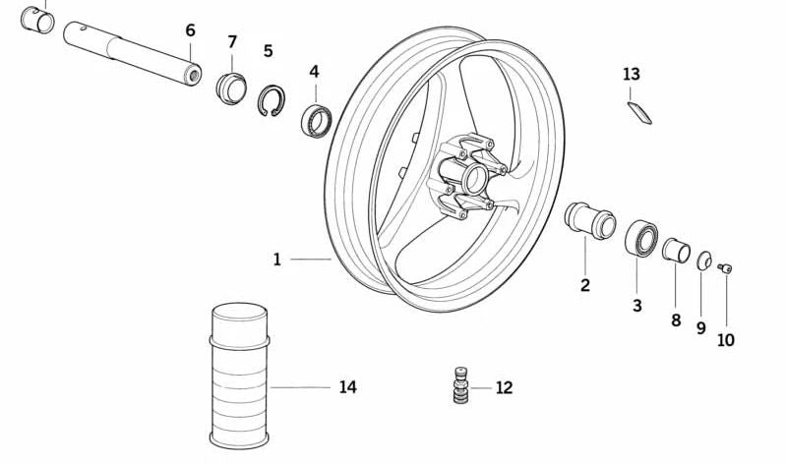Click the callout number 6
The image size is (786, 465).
(x=191, y=30)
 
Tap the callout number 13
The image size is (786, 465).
(x=632, y=74)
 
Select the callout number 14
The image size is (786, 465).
(x=348, y=387)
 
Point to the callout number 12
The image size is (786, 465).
(x=505, y=388)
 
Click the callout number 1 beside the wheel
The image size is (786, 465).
(x=277, y=260)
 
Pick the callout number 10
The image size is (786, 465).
(x=726, y=340)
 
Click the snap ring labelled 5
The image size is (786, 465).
(x=272, y=100)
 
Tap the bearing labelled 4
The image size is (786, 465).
(x=317, y=121)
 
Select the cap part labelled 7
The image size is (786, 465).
(x=231, y=88)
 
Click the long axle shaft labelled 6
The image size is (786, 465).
(x=133, y=54)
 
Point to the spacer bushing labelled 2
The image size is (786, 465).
(x=590, y=220)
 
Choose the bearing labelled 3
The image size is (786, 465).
(x=641, y=238)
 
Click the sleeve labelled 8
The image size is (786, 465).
(x=676, y=251)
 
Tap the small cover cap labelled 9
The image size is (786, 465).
(x=704, y=261)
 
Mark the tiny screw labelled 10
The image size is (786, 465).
(x=725, y=268)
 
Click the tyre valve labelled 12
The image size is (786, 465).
(x=460, y=384)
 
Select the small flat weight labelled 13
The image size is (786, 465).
(x=639, y=113)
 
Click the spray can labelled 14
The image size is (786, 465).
(x=240, y=376)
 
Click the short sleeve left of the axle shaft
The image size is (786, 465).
(x=37, y=20)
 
